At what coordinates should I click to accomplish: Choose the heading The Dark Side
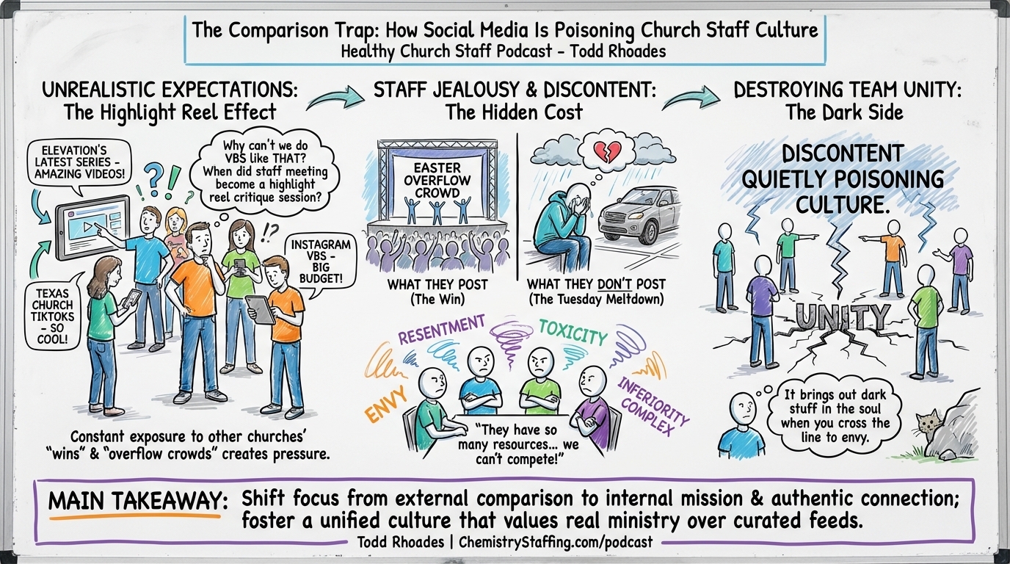pos(843,112)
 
